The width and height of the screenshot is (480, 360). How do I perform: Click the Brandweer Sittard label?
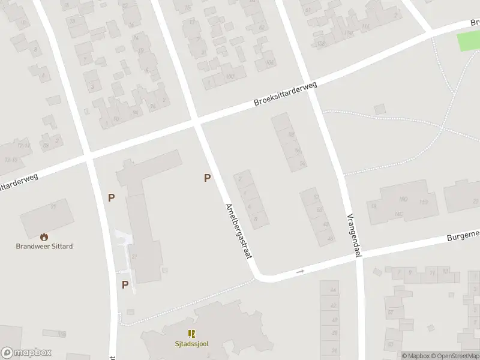[x=44, y=246]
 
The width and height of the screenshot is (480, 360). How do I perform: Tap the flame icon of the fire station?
[x=44, y=237]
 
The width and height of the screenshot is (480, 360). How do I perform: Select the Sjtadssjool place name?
[x=192, y=344]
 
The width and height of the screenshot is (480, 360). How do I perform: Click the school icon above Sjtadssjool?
[x=192, y=334]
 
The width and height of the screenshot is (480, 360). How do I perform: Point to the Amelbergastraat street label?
[x=238, y=231]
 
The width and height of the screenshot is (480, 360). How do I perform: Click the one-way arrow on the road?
[x=301, y=272]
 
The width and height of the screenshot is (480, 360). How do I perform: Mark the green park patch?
[x=469, y=41]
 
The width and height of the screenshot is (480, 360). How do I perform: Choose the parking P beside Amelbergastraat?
[x=208, y=178]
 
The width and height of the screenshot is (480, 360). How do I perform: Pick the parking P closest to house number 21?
[x=125, y=284]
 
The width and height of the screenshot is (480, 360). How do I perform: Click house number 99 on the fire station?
[x=53, y=207]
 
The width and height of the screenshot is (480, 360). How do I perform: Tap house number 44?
[x=333, y=291]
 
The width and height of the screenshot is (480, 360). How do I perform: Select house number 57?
[x=391, y=313]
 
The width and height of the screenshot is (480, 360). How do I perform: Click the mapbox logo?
[x=26, y=353]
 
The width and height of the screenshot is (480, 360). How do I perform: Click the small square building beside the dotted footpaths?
[x=379, y=109]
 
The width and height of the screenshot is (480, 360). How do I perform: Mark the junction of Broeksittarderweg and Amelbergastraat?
[x=197, y=123]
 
